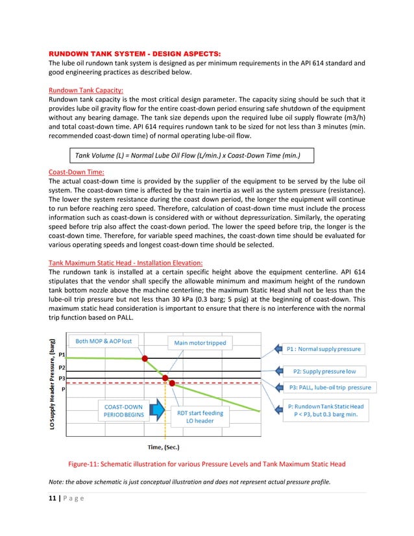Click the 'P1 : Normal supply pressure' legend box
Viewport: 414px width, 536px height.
click(x=324, y=349)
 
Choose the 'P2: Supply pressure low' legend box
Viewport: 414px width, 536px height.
click(x=324, y=371)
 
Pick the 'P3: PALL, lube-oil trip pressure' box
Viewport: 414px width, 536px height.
click(x=329, y=387)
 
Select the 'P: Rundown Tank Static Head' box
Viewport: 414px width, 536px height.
click(x=330, y=411)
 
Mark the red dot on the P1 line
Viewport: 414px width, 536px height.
click(x=145, y=358)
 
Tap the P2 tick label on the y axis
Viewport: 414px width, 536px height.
click(x=62, y=367)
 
